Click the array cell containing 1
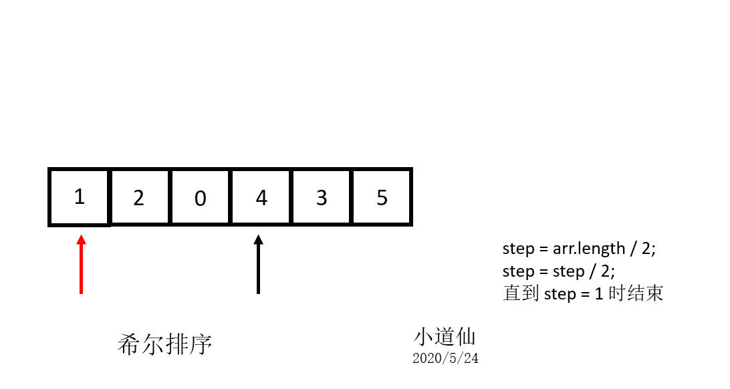[x=79, y=197]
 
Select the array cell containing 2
[x=139, y=197]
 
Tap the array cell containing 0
[x=200, y=197]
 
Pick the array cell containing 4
[x=261, y=197]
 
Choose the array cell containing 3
[x=322, y=197]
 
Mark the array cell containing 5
[x=382, y=197]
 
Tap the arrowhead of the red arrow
[x=81, y=239]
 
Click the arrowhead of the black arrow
[x=259, y=239]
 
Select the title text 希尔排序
[x=164, y=345]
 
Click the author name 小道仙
[x=445, y=336]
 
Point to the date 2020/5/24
[x=445, y=358]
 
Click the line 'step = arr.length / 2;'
[x=580, y=249]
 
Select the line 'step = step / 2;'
[x=558, y=271]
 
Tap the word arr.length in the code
[x=588, y=249]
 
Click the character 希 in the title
[x=128, y=345]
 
